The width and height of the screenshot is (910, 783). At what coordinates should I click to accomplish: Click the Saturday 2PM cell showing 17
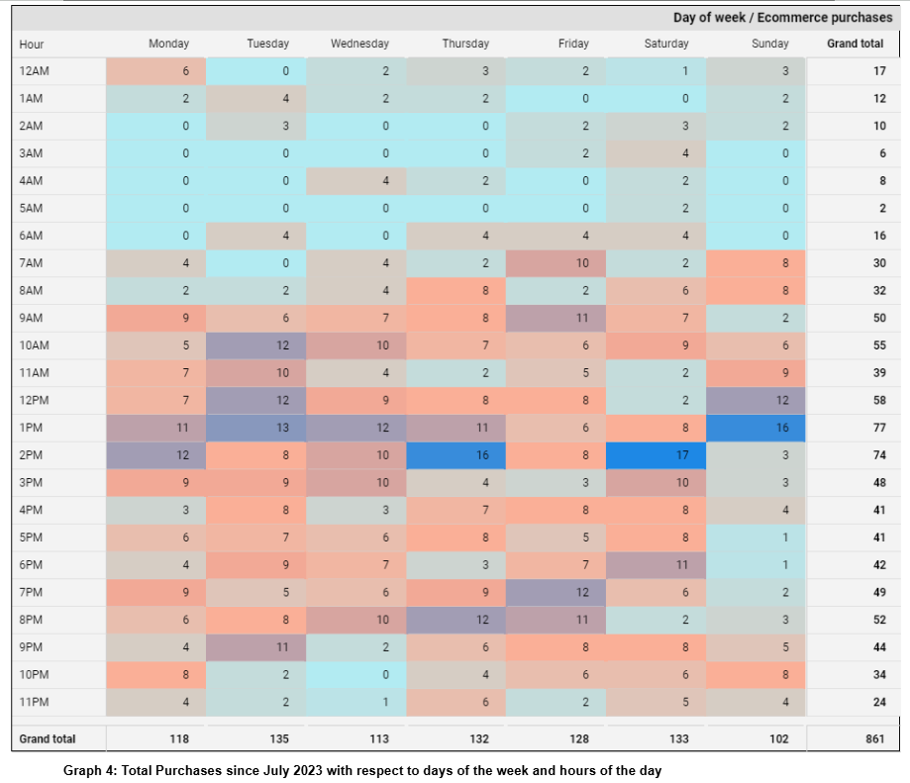656,455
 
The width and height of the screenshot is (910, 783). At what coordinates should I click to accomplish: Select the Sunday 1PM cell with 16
757,428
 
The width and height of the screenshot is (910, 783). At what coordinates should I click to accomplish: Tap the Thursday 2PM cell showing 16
455,455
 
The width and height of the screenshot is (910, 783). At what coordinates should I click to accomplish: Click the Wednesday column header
359,44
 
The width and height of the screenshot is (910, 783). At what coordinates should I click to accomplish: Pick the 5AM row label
31,209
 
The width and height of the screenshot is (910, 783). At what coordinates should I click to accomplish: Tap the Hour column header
31,44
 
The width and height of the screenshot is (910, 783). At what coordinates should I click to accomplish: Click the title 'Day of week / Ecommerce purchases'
782,18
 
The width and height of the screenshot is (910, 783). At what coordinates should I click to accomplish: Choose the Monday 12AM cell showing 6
156,71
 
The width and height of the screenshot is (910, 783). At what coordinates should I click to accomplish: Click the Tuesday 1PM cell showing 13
255,428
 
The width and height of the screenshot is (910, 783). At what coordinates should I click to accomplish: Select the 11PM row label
33,702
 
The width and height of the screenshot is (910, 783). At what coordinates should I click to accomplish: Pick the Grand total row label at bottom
47,738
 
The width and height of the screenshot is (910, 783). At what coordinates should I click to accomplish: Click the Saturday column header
666,44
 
